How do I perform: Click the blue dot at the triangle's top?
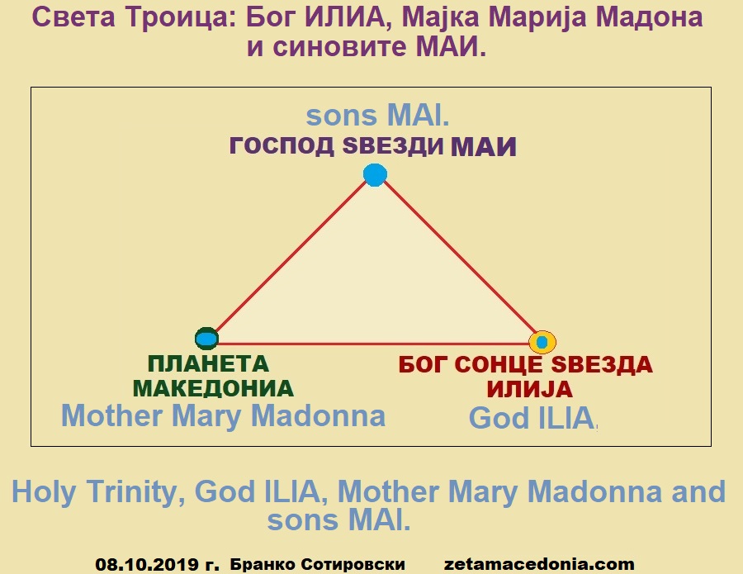(376, 175)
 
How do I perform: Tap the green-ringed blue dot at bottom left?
(206, 339)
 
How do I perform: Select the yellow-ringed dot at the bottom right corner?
(542, 342)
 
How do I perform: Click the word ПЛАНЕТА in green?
(209, 364)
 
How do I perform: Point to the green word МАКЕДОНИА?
(213, 389)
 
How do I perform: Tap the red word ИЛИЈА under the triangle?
(530, 390)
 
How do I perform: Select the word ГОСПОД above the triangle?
(282, 145)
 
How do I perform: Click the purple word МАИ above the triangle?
(483, 146)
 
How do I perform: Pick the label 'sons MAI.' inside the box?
(377, 116)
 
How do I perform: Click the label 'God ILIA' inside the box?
(532, 418)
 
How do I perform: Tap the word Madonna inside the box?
(318, 415)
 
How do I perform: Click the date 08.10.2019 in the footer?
(147, 565)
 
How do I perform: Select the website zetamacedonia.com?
(539, 564)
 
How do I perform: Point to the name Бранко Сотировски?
(318, 565)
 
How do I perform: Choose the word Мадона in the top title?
(649, 17)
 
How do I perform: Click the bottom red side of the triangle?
(374, 344)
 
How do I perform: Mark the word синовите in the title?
(339, 47)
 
